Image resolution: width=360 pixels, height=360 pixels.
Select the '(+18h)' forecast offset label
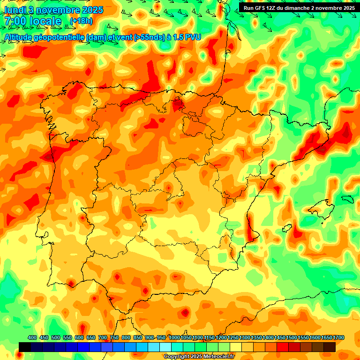[x=81, y=21]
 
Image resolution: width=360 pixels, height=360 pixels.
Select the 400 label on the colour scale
[x=32, y=337]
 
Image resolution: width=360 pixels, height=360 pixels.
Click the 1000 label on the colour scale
[x=174, y=337]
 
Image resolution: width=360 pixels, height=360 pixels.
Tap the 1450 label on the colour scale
[x=280, y=337]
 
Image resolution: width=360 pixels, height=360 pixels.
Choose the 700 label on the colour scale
[x=103, y=337]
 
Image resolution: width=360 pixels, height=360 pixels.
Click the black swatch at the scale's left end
[x=25, y=347]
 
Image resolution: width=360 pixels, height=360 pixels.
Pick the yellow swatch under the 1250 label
[x=236, y=347]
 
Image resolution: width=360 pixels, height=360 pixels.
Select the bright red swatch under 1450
[x=283, y=347]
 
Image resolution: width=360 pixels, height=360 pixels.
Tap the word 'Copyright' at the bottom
[x=177, y=357]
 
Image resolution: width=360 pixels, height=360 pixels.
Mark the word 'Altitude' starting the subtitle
[x=20, y=37]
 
